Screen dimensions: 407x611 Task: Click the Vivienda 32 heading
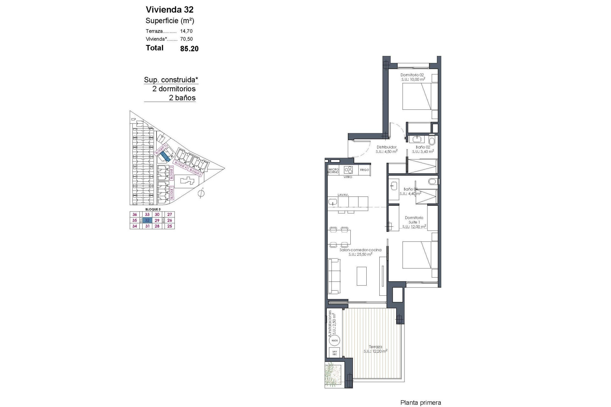[x=169, y=10]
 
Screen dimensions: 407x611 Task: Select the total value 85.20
[x=189, y=49]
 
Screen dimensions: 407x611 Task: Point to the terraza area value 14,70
[x=186, y=31]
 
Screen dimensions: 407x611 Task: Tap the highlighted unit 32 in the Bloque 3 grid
[x=147, y=220]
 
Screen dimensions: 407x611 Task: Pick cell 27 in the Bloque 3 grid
[x=170, y=215]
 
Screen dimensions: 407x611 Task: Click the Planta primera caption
[x=420, y=403]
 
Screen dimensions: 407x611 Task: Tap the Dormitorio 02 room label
[x=412, y=75]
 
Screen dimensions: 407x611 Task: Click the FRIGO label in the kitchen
[x=364, y=170]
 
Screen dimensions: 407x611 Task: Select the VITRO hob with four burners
[x=348, y=169]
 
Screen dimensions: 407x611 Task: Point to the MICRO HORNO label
[x=334, y=171]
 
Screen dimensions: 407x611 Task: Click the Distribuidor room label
[x=386, y=147]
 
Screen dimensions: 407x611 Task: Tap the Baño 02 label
[x=423, y=147]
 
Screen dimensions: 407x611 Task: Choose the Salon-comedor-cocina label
[x=360, y=250]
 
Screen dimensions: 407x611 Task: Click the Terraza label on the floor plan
[x=376, y=347]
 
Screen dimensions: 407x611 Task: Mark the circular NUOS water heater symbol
[x=334, y=341]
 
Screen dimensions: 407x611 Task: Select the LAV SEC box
[x=334, y=353]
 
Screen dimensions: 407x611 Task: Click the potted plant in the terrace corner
[x=333, y=375]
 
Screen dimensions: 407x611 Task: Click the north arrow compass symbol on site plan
[x=201, y=193]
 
